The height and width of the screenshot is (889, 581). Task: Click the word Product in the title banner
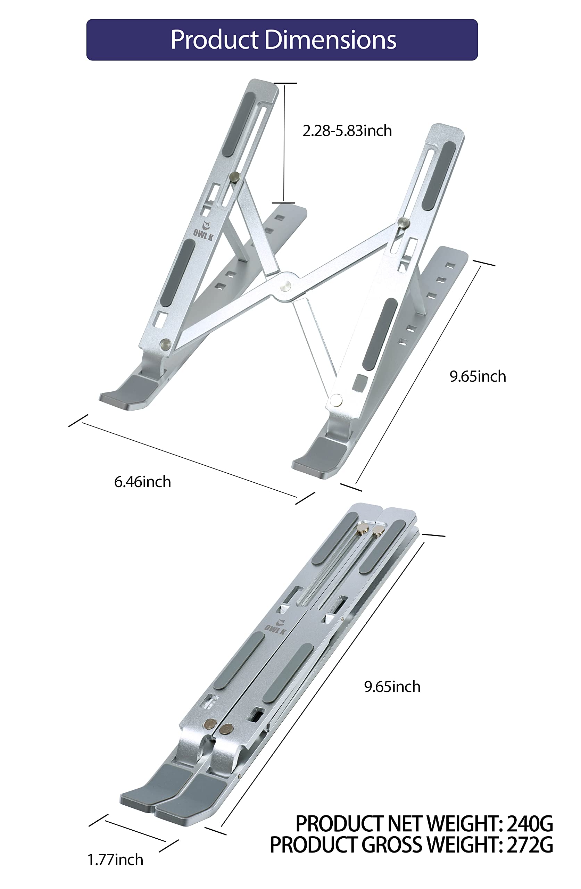pos(215,40)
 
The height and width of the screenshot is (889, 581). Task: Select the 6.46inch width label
pos(142,482)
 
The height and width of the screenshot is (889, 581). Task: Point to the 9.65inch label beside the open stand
pos(478,376)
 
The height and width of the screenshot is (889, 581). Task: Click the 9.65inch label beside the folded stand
pos(392,687)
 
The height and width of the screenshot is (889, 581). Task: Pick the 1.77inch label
pos(115,860)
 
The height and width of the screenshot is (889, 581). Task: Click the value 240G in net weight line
pos(530,824)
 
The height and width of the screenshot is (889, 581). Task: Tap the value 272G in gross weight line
pos(530,845)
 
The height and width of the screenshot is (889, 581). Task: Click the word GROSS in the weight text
pos(392,845)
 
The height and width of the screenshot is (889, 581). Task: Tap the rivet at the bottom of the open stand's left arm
pos(164,344)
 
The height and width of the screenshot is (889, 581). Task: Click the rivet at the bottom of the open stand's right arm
pos(335,400)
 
